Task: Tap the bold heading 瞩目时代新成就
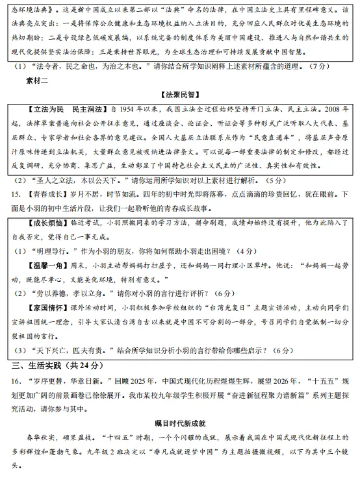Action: pos(179,423)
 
